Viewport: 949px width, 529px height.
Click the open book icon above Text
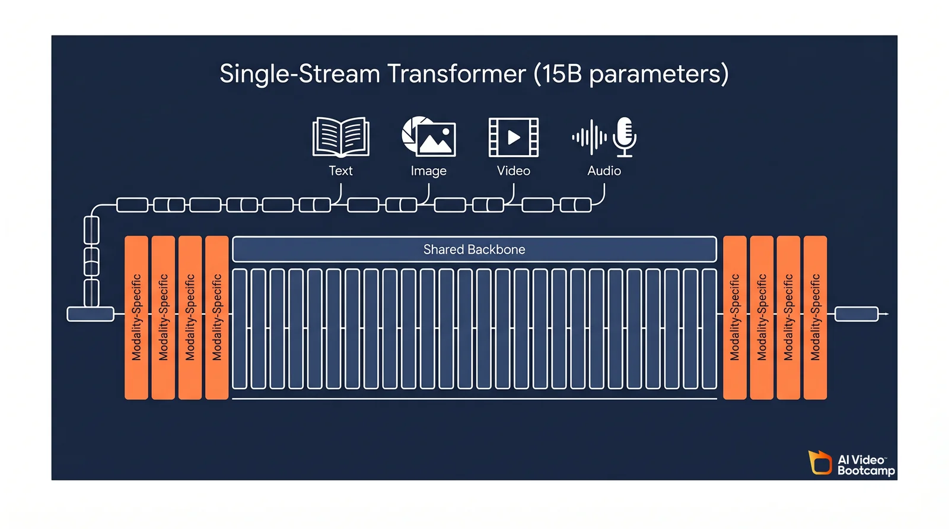pos(340,137)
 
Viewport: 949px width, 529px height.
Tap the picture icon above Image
pos(429,137)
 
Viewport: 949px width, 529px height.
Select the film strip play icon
pos(514,137)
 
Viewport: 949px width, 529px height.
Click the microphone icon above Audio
pos(624,137)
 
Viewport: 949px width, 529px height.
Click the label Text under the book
pos(340,171)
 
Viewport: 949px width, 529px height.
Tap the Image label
pos(428,171)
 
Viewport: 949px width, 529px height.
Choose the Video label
pos(514,171)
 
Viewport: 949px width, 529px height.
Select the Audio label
pos(604,171)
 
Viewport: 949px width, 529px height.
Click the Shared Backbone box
pos(474,249)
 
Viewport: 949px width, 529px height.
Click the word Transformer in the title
pos(457,74)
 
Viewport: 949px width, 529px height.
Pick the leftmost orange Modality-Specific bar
pos(136,318)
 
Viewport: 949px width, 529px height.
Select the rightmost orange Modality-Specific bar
pos(815,318)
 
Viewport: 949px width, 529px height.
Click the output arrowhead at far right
pos(886,314)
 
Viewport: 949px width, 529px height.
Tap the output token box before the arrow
pos(856,314)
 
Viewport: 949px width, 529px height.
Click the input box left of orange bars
pos(90,314)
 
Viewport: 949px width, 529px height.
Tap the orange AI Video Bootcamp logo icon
pos(821,463)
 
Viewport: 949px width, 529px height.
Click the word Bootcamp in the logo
pos(866,471)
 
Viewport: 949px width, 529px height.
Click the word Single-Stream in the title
pos(300,74)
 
